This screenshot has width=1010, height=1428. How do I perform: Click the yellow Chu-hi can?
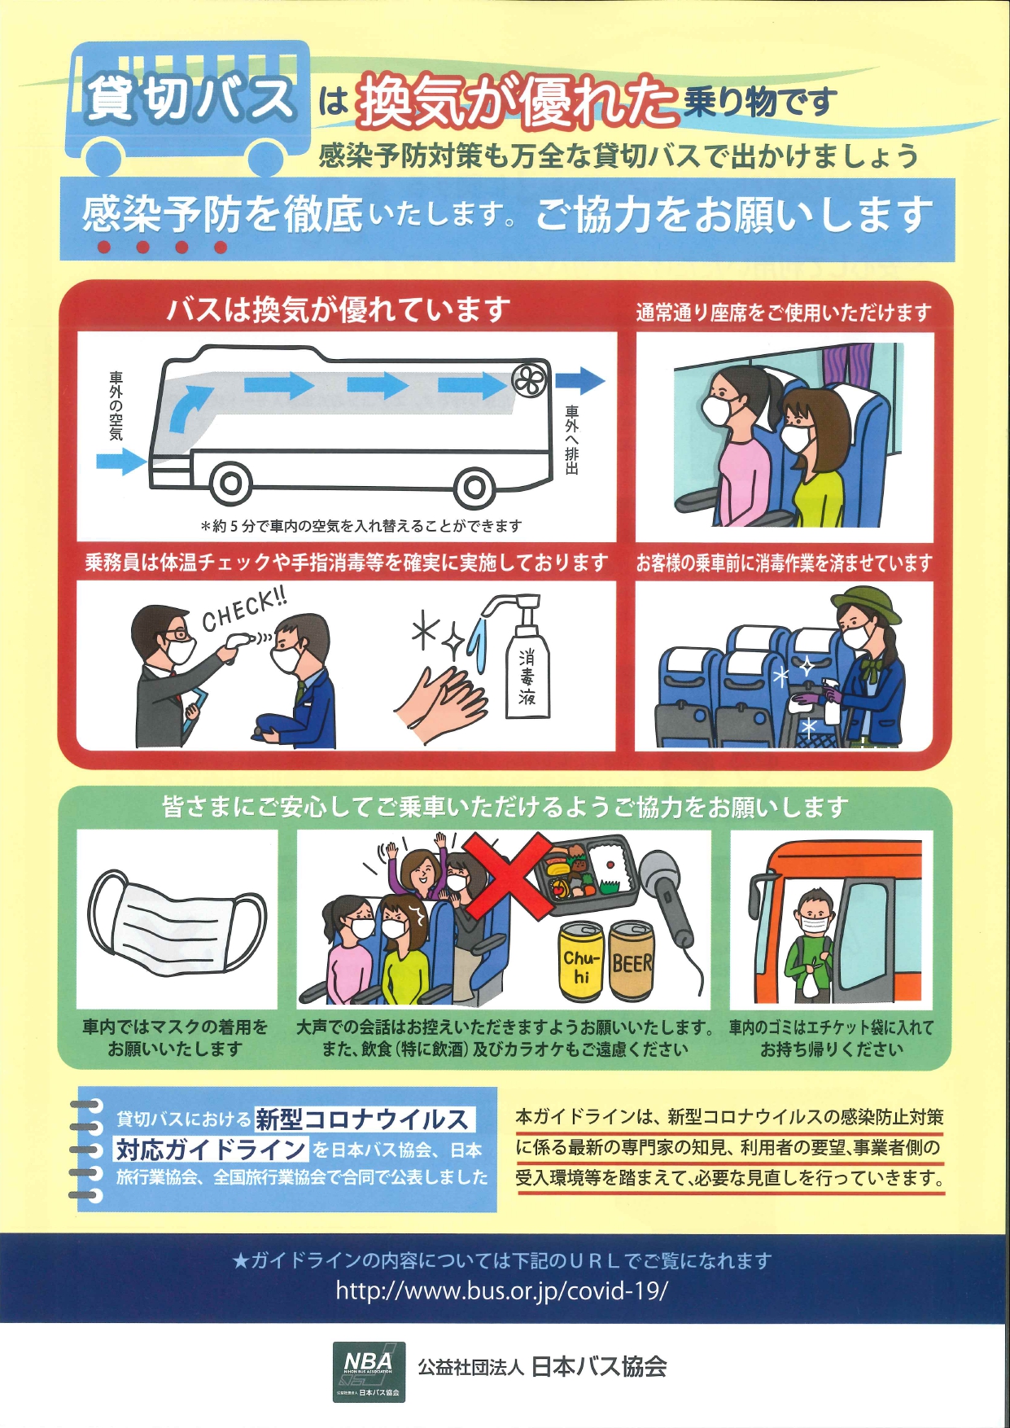click(581, 961)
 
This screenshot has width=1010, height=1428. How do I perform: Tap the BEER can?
click(632, 961)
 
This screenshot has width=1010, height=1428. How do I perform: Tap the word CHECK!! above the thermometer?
click(243, 610)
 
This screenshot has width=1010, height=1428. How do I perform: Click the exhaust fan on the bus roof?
click(530, 380)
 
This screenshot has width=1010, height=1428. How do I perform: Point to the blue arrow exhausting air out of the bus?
click(581, 380)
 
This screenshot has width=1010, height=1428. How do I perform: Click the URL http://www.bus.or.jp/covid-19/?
click(501, 1291)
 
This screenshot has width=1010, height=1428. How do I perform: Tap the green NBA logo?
click(369, 1372)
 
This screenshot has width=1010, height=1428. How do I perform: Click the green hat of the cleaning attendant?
click(866, 607)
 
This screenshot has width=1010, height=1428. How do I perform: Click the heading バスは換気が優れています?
click(339, 309)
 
